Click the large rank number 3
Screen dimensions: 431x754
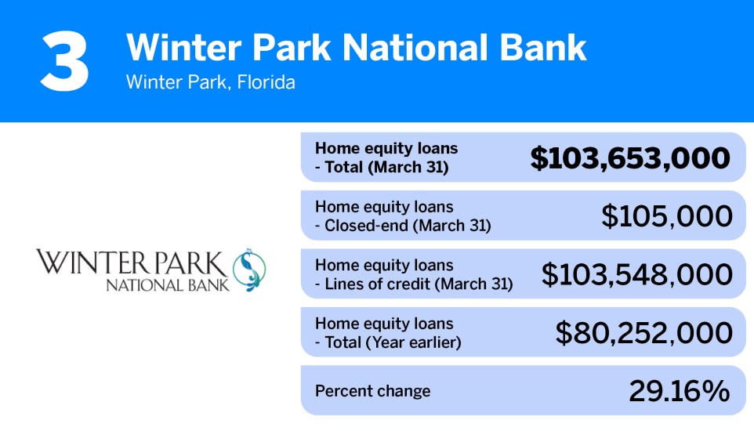pyautogui.click(x=65, y=61)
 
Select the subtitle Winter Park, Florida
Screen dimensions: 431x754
pyautogui.click(x=210, y=82)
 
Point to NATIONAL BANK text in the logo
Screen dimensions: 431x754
pyautogui.click(x=168, y=284)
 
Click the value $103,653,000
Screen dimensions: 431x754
pyautogui.click(x=630, y=158)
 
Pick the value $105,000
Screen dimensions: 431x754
pyautogui.click(x=666, y=216)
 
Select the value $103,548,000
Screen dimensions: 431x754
pyautogui.click(x=636, y=274)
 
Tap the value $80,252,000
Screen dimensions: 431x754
pyautogui.click(x=643, y=332)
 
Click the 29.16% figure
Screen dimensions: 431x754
pyautogui.click(x=680, y=391)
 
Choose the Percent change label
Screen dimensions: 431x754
pyautogui.click(x=372, y=391)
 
